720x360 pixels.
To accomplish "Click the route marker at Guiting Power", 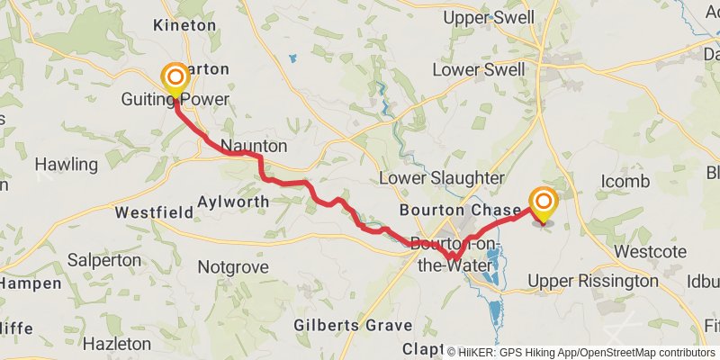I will [172, 78].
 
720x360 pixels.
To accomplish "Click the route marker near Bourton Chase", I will [543, 202].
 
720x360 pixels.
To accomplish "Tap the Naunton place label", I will [254, 146].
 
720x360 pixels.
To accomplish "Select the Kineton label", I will [185, 25].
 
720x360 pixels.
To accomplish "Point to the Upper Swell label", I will [495, 17].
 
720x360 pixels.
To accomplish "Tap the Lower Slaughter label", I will [441, 177].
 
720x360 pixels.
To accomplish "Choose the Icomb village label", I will [625, 182].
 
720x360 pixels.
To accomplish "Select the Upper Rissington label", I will [593, 281].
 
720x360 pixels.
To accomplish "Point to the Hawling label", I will [66, 165].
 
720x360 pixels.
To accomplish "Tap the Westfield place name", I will [154, 213].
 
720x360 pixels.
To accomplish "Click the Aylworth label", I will [232, 202].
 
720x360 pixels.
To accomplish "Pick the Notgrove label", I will [234, 267].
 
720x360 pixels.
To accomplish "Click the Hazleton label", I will [116, 344].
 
